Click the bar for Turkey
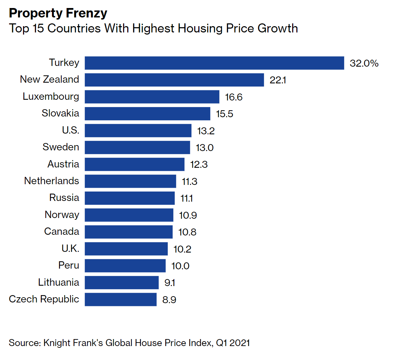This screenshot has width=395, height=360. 214,63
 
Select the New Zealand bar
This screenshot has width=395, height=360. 174,80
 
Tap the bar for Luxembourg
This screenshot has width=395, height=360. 152,97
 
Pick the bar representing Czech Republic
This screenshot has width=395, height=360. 120,299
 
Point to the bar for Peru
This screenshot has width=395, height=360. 125,265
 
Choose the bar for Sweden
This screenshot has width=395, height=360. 137,147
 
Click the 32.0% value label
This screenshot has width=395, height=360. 364,63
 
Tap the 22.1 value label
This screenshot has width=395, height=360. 278,80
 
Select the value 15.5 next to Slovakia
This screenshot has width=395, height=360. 225,114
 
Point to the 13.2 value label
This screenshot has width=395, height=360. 206,131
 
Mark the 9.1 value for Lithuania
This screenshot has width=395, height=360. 169,283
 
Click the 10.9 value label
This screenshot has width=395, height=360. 188,215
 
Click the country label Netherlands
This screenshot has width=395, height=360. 52,181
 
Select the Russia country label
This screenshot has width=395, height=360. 64,198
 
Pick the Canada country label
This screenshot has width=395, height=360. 62,231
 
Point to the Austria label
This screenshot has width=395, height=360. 63,164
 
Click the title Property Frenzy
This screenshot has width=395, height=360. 58,13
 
